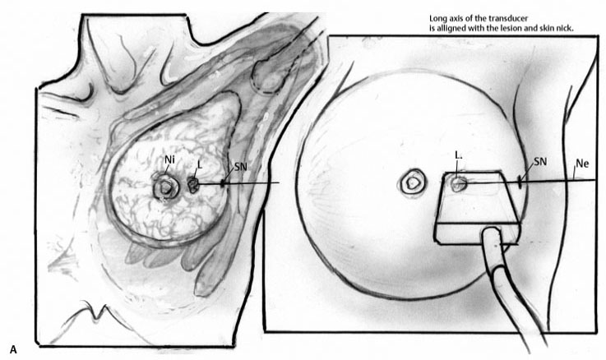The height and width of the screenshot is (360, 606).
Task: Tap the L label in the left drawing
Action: click(200, 164)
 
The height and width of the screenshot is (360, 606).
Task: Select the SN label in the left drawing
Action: click(240, 167)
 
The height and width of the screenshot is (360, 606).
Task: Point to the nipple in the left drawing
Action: click(166, 187)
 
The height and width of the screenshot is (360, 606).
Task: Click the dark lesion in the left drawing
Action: click(192, 185)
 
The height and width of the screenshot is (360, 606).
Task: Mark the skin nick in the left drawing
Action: click(223, 183)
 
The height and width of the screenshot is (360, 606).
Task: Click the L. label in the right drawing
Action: click(458, 155)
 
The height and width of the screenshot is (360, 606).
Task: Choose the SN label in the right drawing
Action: click(540, 161)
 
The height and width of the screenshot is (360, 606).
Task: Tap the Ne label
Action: click(582, 164)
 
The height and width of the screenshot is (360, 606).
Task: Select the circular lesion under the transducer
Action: click(459, 183)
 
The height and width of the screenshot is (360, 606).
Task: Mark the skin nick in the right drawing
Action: click(520, 182)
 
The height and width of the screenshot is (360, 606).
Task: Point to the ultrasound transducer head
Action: click(478, 209)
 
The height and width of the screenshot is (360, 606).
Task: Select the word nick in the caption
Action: click(566, 29)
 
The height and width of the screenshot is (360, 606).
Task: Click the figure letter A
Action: click(13, 349)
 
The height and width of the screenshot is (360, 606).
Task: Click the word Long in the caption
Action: click(437, 19)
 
